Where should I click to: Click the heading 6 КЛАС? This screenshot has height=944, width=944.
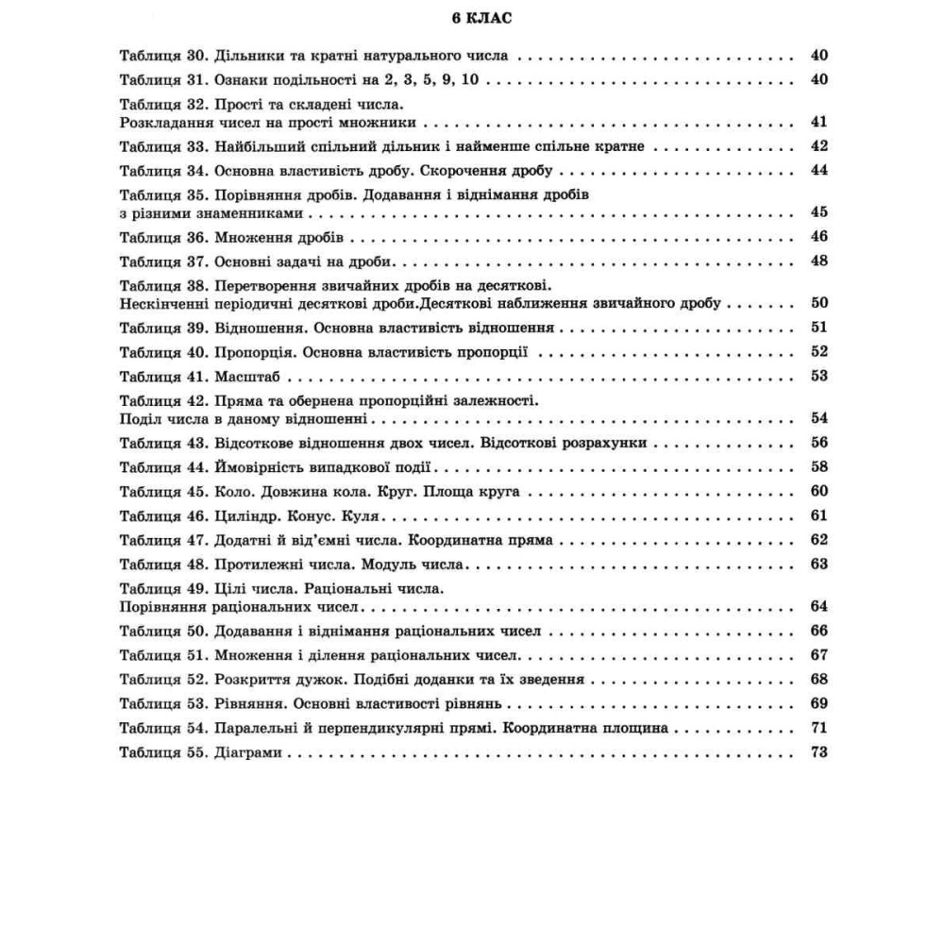pyautogui.click(x=472, y=17)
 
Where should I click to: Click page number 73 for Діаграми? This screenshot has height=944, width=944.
pyautogui.click(x=818, y=752)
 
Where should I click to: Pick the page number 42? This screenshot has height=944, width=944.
pyautogui.click(x=818, y=146)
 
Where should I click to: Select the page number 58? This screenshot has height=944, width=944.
pyautogui.click(x=818, y=466)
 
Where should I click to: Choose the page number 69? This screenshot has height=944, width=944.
pyautogui.click(x=818, y=703)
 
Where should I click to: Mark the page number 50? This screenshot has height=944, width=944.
pyautogui.click(x=818, y=303)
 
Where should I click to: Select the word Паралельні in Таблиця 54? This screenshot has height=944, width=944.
pyautogui.click(x=258, y=728)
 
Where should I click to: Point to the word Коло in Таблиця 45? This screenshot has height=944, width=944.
pyautogui.click(x=232, y=492)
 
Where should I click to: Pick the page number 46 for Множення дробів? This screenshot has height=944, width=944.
pyautogui.click(x=818, y=236)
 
